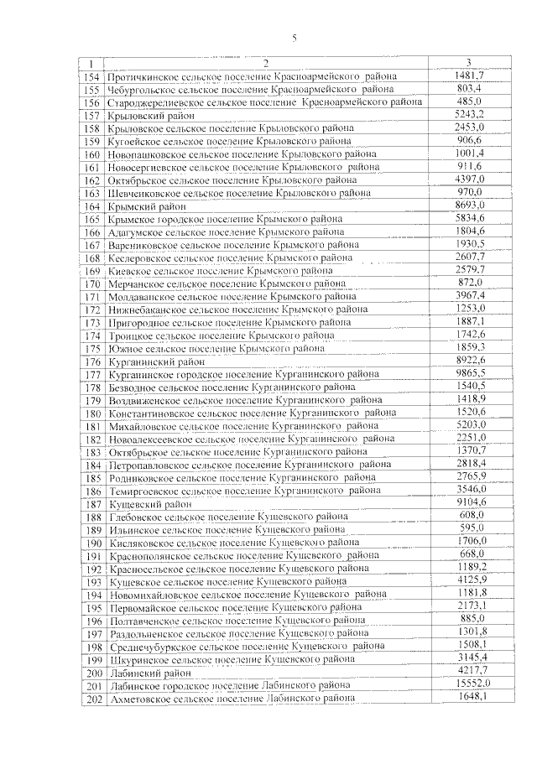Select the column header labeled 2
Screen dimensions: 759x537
(265, 64)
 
